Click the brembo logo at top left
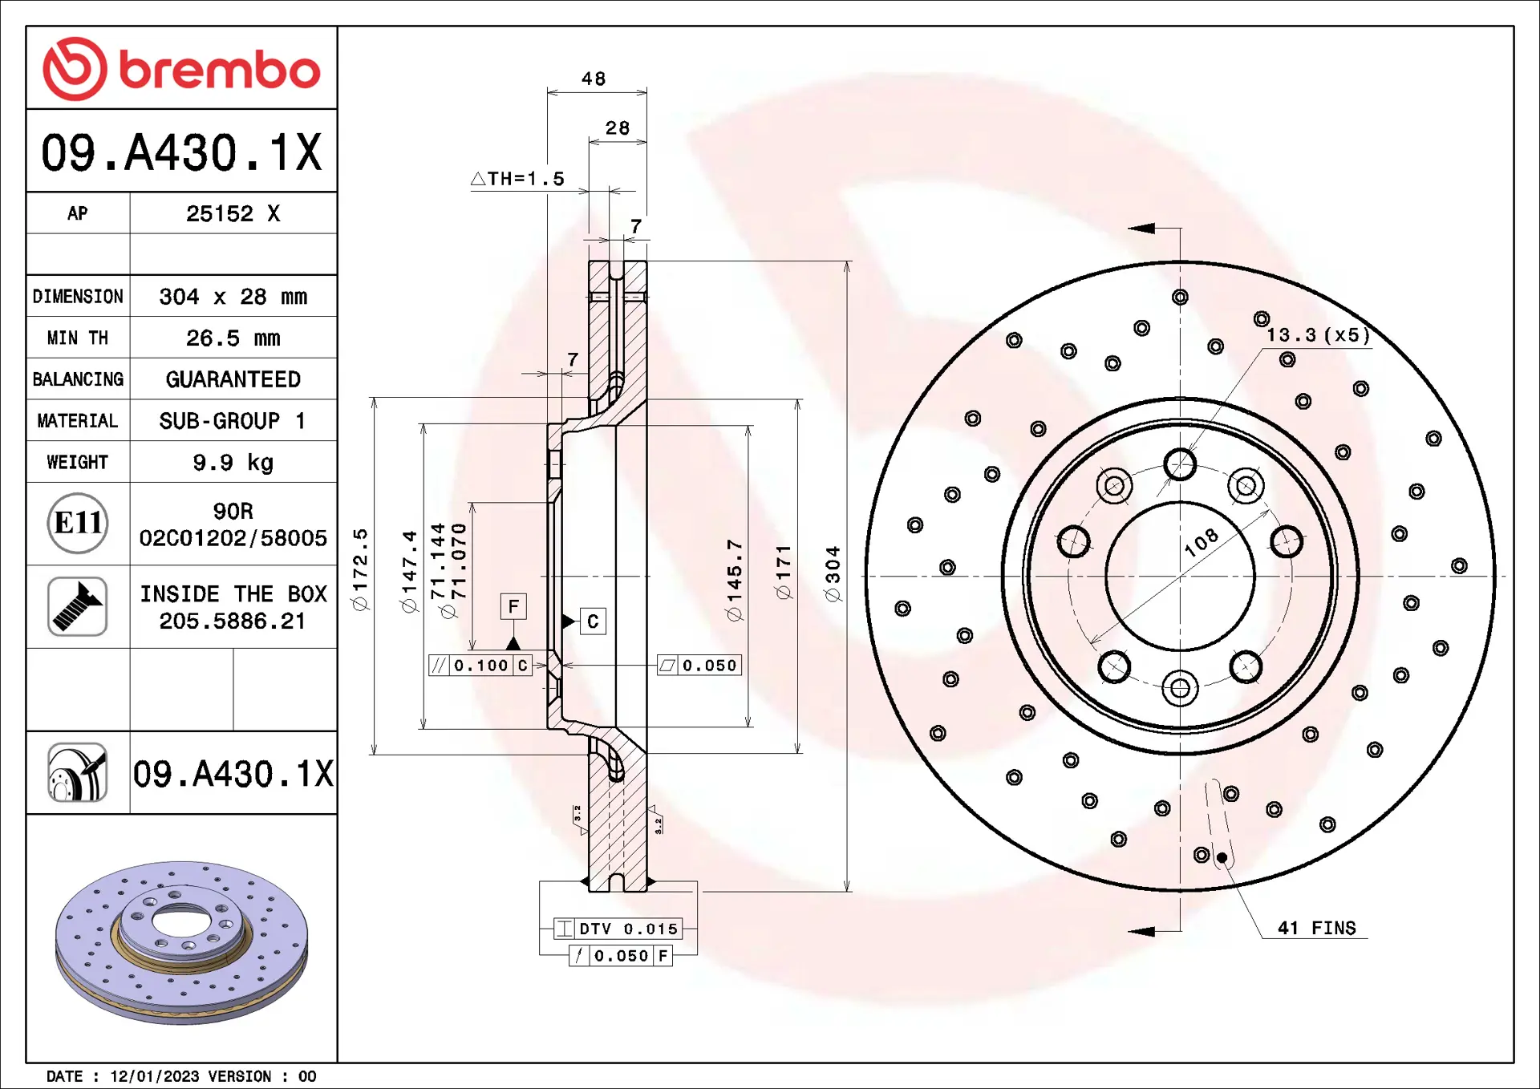click(181, 69)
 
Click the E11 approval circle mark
click(77, 523)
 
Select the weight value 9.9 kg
click(233, 463)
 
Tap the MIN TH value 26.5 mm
click(233, 338)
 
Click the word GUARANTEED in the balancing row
click(233, 379)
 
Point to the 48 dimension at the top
click(594, 79)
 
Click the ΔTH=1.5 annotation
click(518, 179)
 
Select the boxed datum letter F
click(513, 606)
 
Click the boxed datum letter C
click(593, 621)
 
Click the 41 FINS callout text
click(1316, 928)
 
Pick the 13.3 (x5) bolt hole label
click(1318, 335)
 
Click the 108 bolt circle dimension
click(1201, 542)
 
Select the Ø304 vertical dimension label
click(833, 573)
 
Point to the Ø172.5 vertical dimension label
click(360, 569)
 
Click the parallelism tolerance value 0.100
click(480, 666)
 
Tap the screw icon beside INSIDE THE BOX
click(77, 606)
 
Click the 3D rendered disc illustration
click(181, 942)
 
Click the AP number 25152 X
click(233, 213)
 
